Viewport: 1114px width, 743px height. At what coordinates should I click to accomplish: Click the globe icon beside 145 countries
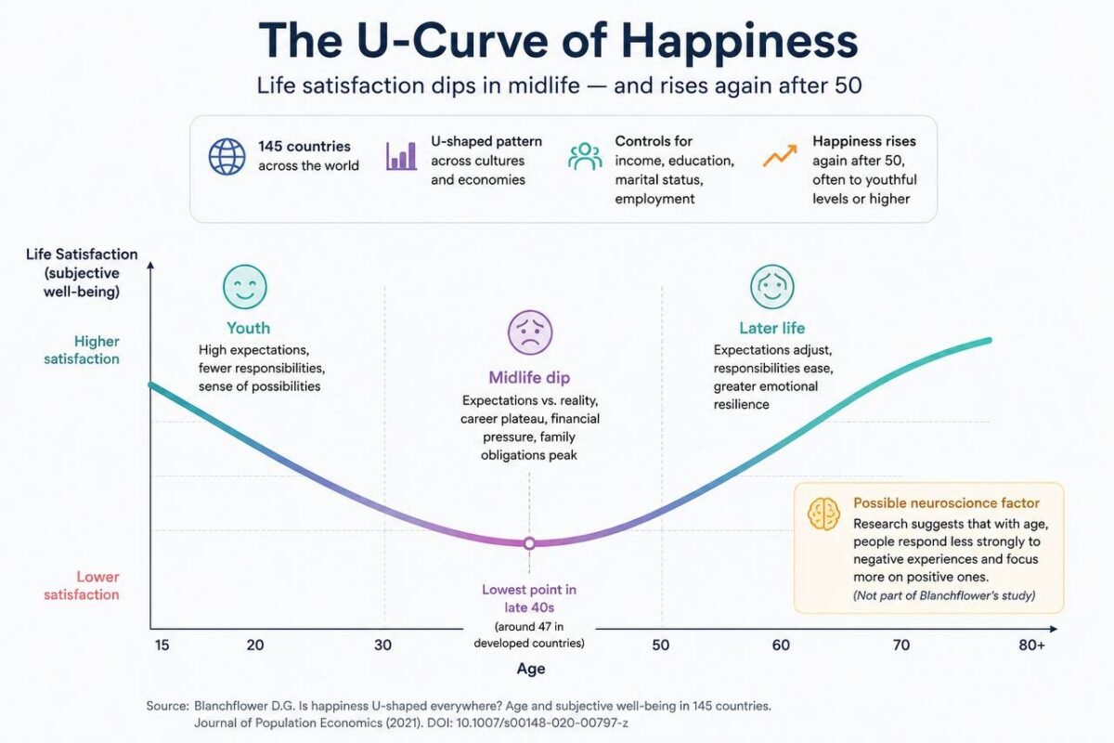click(227, 156)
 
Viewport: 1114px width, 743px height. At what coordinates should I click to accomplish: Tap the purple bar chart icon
click(401, 156)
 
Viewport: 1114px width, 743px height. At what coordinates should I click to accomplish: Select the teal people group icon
click(585, 156)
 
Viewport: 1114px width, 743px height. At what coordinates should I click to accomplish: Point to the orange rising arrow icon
click(780, 156)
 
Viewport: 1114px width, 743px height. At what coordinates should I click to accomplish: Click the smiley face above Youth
click(245, 287)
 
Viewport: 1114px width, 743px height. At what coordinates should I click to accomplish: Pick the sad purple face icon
click(530, 332)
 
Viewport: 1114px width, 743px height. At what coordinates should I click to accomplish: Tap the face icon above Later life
click(771, 287)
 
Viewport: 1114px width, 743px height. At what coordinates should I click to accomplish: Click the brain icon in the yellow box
click(823, 514)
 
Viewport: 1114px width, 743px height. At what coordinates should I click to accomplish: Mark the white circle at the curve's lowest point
click(529, 543)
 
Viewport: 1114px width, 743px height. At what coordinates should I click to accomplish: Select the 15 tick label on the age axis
click(162, 645)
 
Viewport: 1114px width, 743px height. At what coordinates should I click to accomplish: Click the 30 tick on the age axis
click(382, 645)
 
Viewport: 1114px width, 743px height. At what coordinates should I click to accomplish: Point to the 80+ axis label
click(1031, 645)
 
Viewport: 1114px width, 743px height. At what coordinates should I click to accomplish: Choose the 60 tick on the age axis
click(781, 645)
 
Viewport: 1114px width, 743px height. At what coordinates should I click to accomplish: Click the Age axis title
click(531, 669)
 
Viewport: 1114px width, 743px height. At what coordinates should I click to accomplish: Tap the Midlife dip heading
click(529, 378)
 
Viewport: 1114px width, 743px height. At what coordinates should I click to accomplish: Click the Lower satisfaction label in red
click(82, 586)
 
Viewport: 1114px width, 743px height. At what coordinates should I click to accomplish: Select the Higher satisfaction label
click(82, 350)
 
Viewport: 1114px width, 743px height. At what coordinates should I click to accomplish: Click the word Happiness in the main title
click(740, 42)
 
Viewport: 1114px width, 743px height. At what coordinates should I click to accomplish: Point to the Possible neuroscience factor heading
click(946, 503)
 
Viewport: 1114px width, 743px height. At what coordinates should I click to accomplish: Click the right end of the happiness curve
click(989, 341)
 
